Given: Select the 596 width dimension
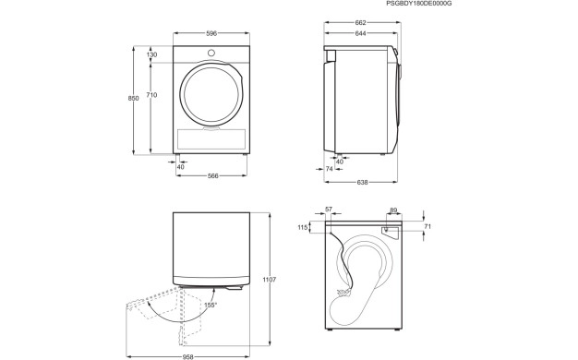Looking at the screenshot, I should [211, 34].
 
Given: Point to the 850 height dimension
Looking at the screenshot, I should [134, 99].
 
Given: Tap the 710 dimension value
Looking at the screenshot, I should [151, 95].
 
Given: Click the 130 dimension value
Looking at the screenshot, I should [151, 55].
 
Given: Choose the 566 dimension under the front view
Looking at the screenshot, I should [211, 176].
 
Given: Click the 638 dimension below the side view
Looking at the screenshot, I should [363, 183].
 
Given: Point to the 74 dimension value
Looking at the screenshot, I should [330, 169].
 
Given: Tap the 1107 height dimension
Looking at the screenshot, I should [270, 279].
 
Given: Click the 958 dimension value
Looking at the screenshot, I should [188, 355].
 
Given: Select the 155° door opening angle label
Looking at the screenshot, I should [211, 305].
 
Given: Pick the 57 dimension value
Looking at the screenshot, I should [330, 210].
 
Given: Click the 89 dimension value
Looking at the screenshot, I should [393, 210].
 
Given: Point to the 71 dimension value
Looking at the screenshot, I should [427, 226].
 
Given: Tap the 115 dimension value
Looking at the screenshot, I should [301, 228].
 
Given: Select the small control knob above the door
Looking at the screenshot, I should [211, 53].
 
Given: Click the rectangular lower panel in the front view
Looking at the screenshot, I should [211, 139].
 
